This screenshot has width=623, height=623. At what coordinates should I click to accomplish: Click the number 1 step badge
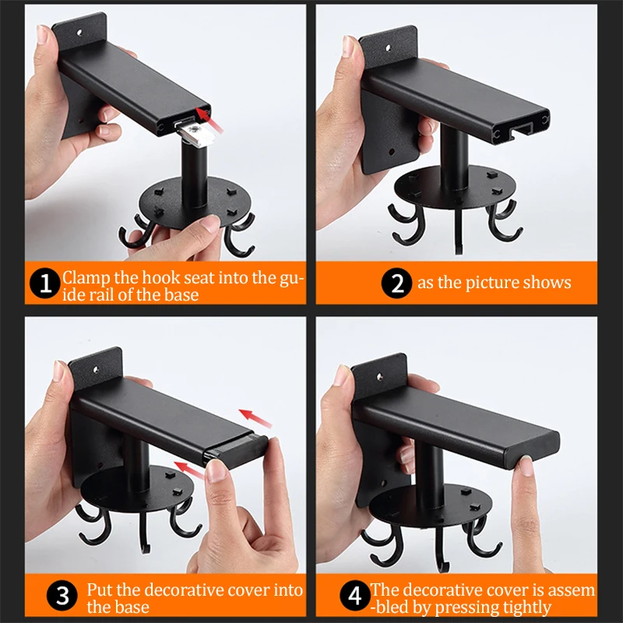point(45,283)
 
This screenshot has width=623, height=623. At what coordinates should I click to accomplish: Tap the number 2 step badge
point(396,283)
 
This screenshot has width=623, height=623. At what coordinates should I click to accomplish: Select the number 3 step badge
point(62,596)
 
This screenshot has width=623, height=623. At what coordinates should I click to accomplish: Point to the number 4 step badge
point(355,596)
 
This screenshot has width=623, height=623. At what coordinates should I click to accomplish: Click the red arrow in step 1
point(209,120)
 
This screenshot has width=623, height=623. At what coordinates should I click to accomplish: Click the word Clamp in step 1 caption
point(86,278)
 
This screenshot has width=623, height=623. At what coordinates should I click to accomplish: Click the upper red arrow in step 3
point(255,418)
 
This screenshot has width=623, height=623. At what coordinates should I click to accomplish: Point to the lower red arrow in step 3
point(190,470)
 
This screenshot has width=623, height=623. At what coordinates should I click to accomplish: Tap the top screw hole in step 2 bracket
point(388,48)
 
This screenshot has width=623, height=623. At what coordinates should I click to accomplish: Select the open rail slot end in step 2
point(520,130)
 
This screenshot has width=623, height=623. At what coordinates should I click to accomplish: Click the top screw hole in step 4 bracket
point(380,376)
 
